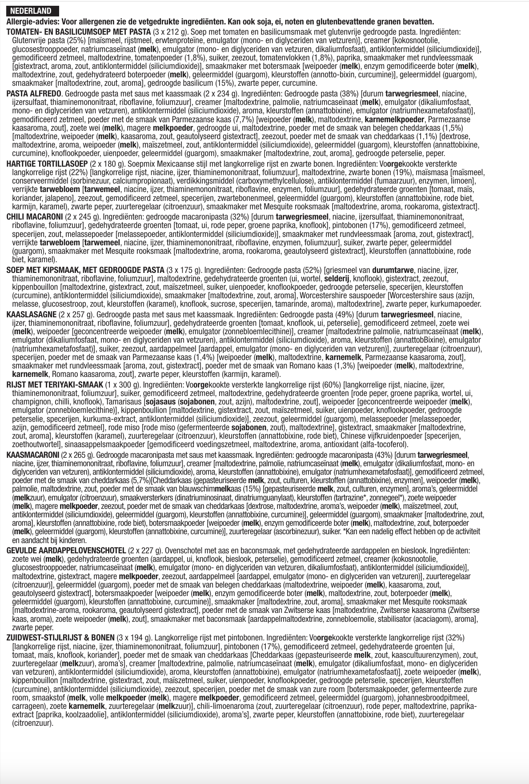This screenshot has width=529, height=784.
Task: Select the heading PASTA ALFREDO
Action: [35, 94]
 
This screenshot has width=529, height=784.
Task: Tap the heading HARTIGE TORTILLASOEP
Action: [47, 164]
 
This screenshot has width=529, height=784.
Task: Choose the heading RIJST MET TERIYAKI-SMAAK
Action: [55, 385]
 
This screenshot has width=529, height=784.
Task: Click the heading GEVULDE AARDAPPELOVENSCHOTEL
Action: [66, 551]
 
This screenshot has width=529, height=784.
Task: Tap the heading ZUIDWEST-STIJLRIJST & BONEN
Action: [60, 638]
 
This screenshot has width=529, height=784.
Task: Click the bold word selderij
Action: [337, 279]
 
